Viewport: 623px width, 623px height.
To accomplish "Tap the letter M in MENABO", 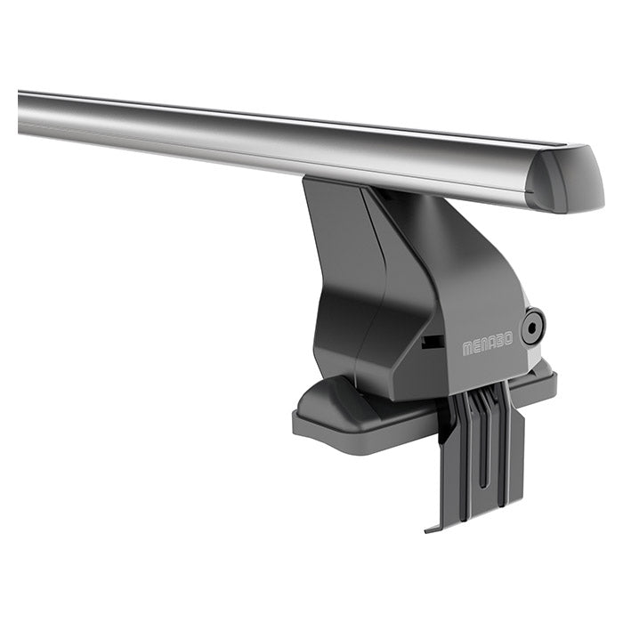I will click(467, 349).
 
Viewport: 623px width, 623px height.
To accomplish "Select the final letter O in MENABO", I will click(507, 341).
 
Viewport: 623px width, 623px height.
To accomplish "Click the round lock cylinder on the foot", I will click(532, 327).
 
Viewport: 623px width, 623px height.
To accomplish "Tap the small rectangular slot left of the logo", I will click(433, 341).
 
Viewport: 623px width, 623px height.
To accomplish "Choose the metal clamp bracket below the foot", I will click(481, 454).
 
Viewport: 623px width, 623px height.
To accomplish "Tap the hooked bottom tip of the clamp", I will click(434, 528).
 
